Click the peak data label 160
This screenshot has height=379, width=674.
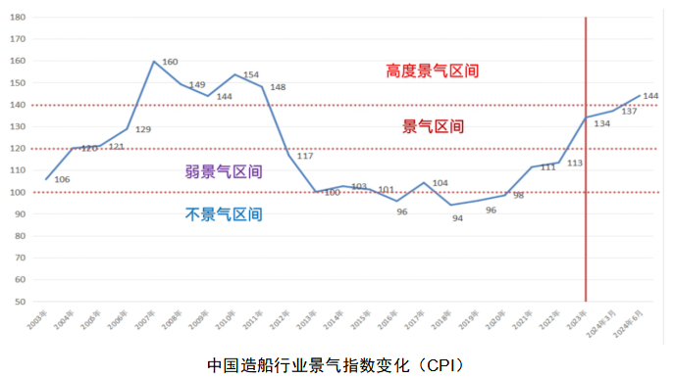(x=170, y=62)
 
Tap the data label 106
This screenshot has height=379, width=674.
(x=61, y=179)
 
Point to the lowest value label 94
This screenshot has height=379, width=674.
(x=456, y=218)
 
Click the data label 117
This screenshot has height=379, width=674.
(x=305, y=157)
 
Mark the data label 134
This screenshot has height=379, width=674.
(x=601, y=123)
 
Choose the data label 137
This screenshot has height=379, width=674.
(x=629, y=112)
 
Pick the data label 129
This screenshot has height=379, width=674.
(x=142, y=130)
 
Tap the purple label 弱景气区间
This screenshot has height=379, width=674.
(x=224, y=171)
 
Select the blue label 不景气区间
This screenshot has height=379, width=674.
(x=224, y=213)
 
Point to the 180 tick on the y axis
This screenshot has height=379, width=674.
(x=17, y=17)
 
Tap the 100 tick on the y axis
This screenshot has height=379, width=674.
(x=17, y=192)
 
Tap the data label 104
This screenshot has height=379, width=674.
(x=440, y=183)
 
